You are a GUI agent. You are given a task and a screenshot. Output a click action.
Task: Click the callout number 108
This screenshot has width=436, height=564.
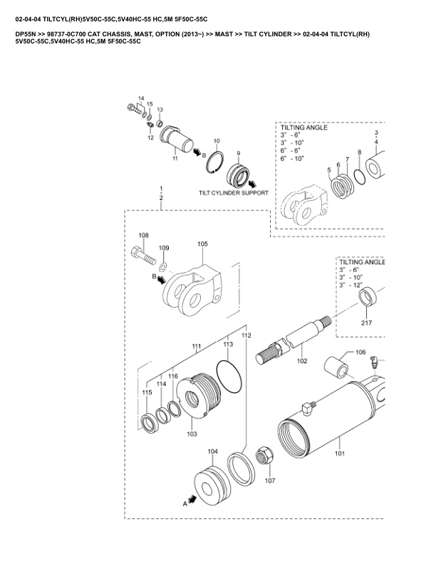click(143, 235)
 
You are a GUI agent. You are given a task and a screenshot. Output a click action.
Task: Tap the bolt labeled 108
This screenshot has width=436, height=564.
click(143, 255)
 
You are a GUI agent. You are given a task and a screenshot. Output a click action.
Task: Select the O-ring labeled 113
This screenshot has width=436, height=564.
click(229, 377)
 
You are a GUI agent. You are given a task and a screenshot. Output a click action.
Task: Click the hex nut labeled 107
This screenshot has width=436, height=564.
click(264, 455)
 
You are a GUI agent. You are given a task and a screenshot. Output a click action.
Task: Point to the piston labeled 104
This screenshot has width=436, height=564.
click(210, 484)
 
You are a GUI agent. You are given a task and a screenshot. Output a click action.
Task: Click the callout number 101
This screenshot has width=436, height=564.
click(340, 453)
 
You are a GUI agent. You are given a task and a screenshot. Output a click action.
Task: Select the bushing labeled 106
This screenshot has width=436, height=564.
click(336, 367)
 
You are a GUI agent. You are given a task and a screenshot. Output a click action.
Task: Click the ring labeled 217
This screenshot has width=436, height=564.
click(368, 297)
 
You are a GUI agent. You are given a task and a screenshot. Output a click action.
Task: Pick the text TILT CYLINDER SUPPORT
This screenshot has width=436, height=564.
click(234, 193)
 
